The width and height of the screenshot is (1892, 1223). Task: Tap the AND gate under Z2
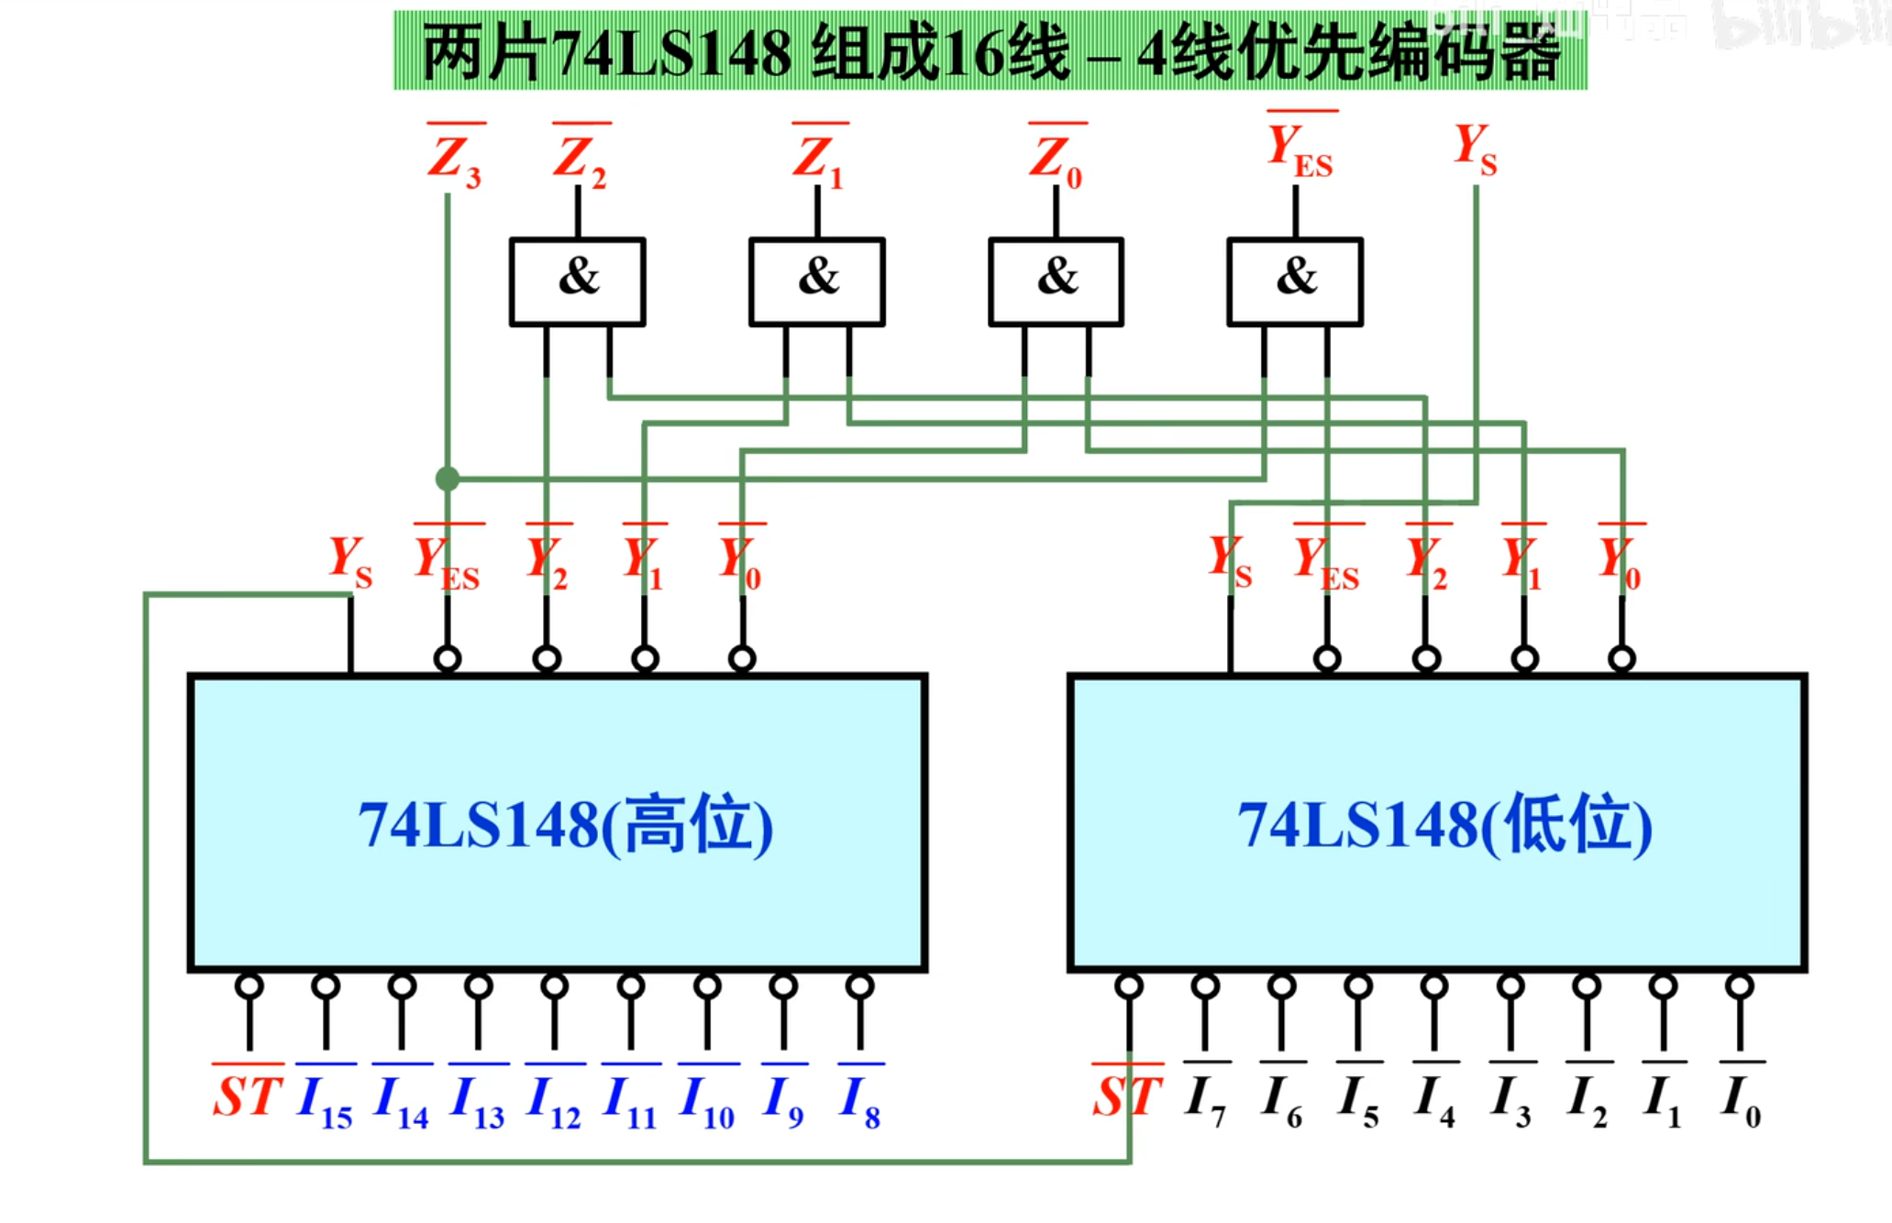click(578, 281)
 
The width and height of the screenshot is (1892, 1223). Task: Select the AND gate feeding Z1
click(817, 281)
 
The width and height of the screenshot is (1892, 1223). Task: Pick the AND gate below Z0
click(1056, 281)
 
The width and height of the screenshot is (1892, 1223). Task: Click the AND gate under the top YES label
click(1295, 281)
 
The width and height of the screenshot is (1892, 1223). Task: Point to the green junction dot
click(448, 479)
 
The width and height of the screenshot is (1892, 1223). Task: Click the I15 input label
click(326, 1099)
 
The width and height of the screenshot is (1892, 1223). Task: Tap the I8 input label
click(859, 1099)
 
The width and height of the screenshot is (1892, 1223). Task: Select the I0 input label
click(1740, 1099)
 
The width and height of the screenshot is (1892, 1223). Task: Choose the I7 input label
click(1205, 1099)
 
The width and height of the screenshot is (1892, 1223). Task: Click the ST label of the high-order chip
click(247, 1096)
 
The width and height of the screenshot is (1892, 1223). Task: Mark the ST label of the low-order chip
click(1127, 1096)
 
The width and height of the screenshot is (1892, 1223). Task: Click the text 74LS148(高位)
click(565, 825)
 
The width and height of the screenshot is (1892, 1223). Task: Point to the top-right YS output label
click(1475, 148)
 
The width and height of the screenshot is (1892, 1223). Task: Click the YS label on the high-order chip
click(350, 561)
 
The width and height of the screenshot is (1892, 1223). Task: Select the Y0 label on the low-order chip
click(1621, 561)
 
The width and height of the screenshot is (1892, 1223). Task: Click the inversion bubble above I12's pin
click(554, 986)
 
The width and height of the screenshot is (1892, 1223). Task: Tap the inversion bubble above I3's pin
click(1510, 986)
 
